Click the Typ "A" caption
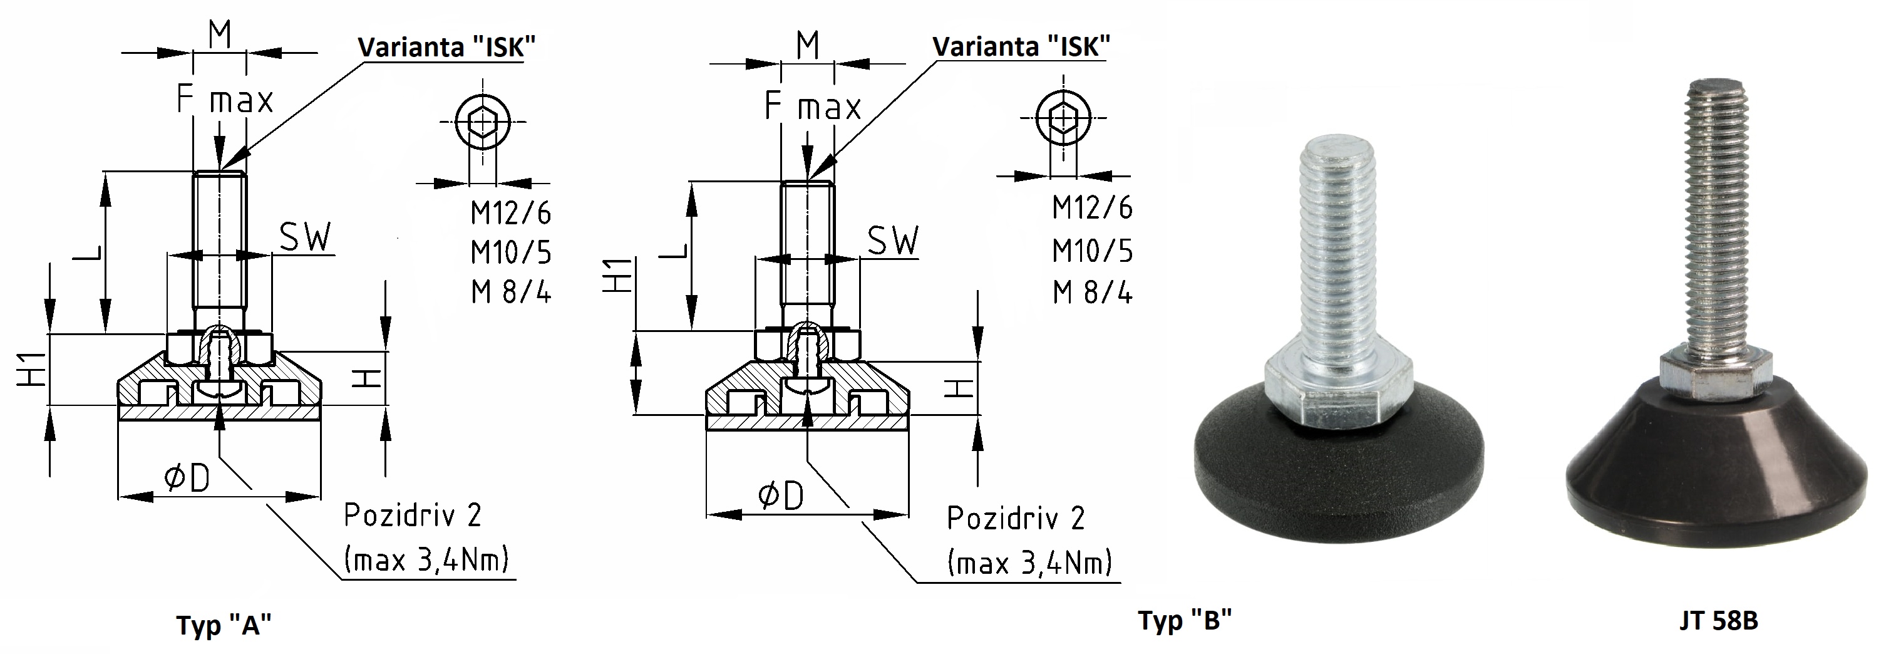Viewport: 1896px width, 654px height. [x=224, y=625]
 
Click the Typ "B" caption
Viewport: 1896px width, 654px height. [x=1185, y=620]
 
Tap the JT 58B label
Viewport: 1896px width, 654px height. [x=1719, y=621]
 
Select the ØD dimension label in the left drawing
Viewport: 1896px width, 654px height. [x=187, y=479]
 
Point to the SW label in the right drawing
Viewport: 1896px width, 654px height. [x=894, y=240]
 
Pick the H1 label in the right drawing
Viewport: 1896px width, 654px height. [x=618, y=276]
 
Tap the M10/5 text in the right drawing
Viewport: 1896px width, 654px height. [x=1092, y=251]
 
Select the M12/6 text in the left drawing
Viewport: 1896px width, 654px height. [x=511, y=213]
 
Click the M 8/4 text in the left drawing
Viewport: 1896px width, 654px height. [x=511, y=293]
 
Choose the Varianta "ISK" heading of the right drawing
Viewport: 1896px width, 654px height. [x=1021, y=46]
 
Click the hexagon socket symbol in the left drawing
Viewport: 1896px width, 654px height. [x=483, y=122]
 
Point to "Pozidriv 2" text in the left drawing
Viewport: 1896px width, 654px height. [x=412, y=515]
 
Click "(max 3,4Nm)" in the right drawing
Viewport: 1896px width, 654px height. [x=1029, y=563]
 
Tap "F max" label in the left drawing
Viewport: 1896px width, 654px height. [x=225, y=100]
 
